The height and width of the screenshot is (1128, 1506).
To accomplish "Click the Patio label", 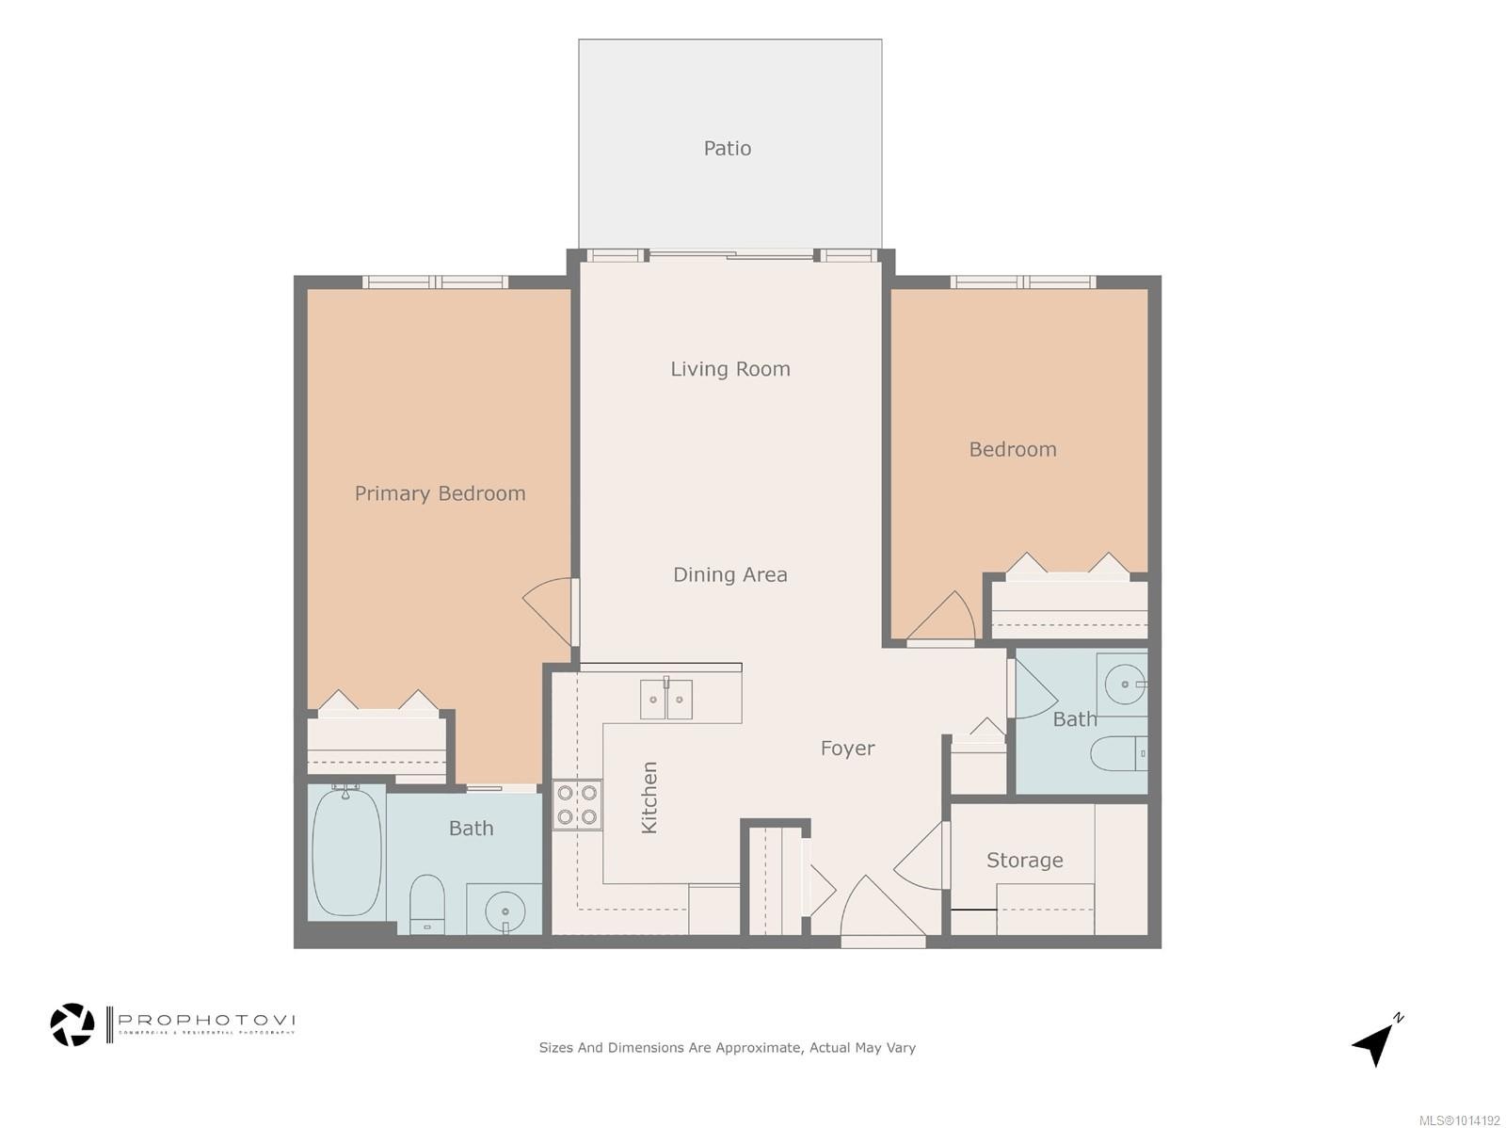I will [728, 148].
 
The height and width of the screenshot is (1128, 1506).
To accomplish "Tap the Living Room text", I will [730, 369].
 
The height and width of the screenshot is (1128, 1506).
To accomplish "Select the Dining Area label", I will [730, 574].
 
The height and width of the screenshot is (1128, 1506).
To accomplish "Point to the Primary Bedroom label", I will [440, 493].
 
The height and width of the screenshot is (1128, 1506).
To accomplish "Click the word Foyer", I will [847, 749].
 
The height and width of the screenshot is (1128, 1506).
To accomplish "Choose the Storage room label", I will [1024, 860].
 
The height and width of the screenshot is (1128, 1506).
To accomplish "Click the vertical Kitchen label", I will [649, 798].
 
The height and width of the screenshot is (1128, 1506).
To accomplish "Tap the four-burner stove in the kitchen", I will [577, 805].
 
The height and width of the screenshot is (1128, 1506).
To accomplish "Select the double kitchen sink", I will [666, 700].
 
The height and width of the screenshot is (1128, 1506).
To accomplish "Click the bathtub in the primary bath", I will [346, 852].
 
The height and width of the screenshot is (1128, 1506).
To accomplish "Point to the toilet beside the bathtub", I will [427, 904].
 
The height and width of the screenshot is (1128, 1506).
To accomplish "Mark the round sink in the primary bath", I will [505, 910].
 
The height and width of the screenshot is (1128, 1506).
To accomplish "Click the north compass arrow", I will [1376, 1041].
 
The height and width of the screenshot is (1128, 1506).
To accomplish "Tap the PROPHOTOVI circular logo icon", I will [72, 1024].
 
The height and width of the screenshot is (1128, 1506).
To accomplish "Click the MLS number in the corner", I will [1459, 1120].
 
